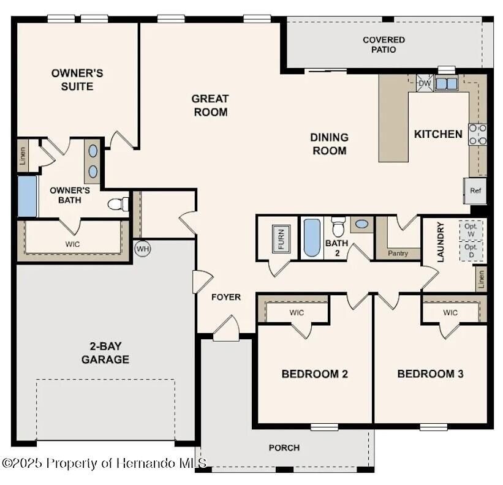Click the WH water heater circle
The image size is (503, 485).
pyautogui.click(x=142, y=249)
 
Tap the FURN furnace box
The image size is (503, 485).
pyautogui.click(x=281, y=239)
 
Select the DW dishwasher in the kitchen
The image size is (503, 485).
pyautogui.click(x=424, y=83)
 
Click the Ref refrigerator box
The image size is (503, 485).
pyautogui.click(x=475, y=190)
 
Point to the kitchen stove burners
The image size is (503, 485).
pyautogui.click(x=478, y=135)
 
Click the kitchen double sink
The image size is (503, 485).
pyautogui.click(x=447, y=83)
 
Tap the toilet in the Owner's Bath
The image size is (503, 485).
pyautogui.click(x=118, y=203)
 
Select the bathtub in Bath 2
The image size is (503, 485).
pyautogui.click(x=311, y=238)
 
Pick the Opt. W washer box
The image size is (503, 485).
pyautogui.click(x=471, y=230)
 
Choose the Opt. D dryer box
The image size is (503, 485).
pyautogui.click(x=471, y=251)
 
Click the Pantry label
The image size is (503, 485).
pyautogui.click(x=398, y=253)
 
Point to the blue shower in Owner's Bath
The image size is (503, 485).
pyautogui.click(x=27, y=196)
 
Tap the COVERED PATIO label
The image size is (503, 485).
pyautogui.click(x=384, y=45)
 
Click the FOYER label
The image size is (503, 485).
pyautogui.click(x=226, y=297)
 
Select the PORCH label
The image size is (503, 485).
pyautogui.click(x=284, y=448)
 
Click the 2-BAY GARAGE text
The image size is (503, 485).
pyautogui.click(x=105, y=353)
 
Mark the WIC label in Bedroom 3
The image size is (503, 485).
pyautogui.click(x=450, y=313)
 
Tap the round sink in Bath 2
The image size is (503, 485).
pyautogui.click(x=361, y=224)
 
